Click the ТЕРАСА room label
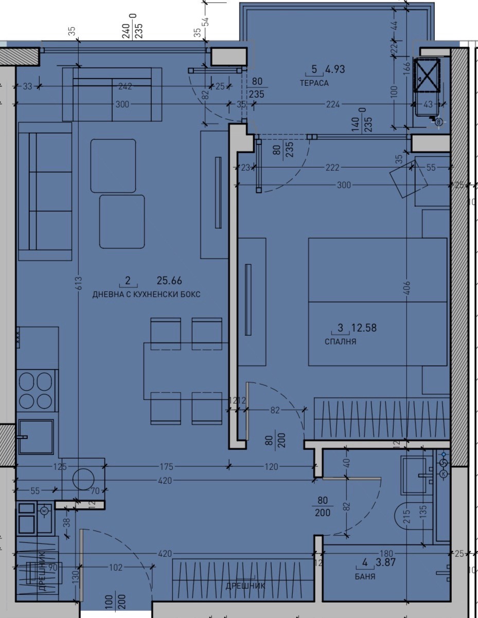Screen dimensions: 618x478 [x=314, y=83]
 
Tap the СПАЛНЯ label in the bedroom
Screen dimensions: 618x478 [x=340, y=341]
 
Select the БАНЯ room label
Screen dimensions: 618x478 [x=365, y=576]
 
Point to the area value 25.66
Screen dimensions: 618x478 [x=169, y=281]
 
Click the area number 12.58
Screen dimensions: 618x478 [x=364, y=328]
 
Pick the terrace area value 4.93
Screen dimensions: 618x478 [x=335, y=69]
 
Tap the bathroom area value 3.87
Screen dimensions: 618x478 [x=385, y=562]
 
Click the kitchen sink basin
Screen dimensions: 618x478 [x=36, y=437]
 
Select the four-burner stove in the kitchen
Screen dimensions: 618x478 [x=36, y=391]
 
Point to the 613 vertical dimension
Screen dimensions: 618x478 [x=78, y=284]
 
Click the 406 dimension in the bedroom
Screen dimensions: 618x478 [x=407, y=286]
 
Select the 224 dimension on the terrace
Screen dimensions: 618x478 [x=333, y=104]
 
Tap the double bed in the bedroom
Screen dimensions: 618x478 [x=377, y=301]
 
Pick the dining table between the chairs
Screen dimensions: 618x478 [x=186, y=368]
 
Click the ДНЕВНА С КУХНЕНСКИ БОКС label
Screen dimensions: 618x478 [x=146, y=295]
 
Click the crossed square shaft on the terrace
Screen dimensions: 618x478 [x=427, y=75]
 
